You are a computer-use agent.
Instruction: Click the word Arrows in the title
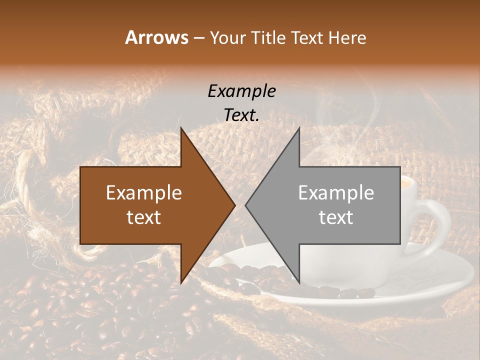(x=156, y=37)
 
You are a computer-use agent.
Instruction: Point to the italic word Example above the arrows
(x=241, y=91)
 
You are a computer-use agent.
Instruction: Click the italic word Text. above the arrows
(x=241, y=115)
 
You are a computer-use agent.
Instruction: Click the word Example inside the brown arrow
(x=144, y=193)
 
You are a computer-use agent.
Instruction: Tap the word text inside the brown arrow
(x=144, y=217)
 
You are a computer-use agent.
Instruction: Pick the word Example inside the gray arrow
(x=336, y=193)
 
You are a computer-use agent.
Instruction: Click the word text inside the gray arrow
(x=336, y=217)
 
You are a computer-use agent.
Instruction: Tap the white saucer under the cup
(x=440, y=280)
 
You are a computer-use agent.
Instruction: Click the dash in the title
(x=198, y=38)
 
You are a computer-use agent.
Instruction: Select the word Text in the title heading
(x=307, y=37)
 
